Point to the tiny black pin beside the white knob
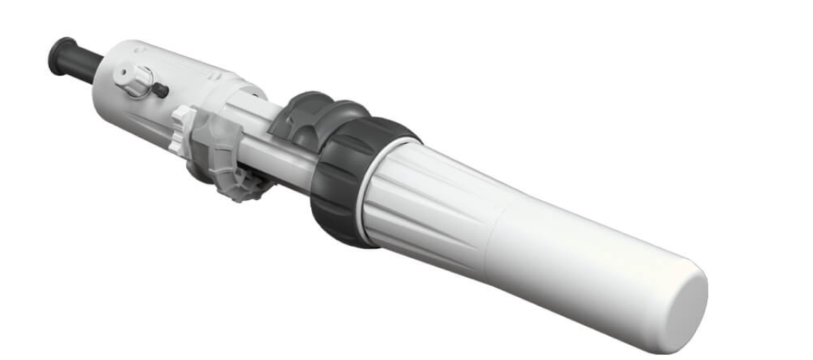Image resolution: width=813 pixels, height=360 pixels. (160, 90)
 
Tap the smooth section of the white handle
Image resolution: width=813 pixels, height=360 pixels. (585, 262)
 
